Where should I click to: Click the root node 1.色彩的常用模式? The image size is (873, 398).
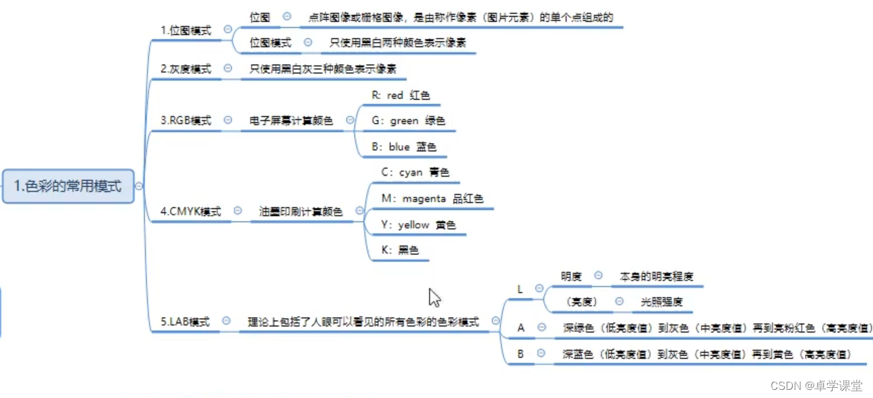pos(67,186)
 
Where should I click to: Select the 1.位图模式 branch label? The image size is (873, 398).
pos(185,30)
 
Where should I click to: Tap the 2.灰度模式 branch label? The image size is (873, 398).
pos(185,69)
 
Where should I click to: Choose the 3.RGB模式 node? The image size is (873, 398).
pos(185,120)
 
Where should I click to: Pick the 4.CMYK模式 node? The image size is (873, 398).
pos(190,211)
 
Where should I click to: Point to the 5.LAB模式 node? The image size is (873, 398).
pos(185,322)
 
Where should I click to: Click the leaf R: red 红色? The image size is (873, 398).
pos(400,96)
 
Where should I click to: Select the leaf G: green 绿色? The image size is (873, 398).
pos(408,121)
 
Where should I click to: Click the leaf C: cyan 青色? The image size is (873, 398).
pos(415,173)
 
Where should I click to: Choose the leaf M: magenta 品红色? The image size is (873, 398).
pos(432,198)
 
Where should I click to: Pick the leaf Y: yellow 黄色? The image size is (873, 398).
pos(418,225)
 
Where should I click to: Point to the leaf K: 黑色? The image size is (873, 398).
pos(400,250)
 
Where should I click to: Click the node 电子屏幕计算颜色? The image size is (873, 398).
pos(291,121)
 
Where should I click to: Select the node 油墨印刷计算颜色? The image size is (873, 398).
pos(301,212)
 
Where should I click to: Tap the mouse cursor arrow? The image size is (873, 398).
pos(434,297)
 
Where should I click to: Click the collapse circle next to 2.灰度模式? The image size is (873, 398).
pos(227,68)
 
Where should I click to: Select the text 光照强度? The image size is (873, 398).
pos(661,302)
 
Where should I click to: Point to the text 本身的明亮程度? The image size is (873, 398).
pos(656,276)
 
